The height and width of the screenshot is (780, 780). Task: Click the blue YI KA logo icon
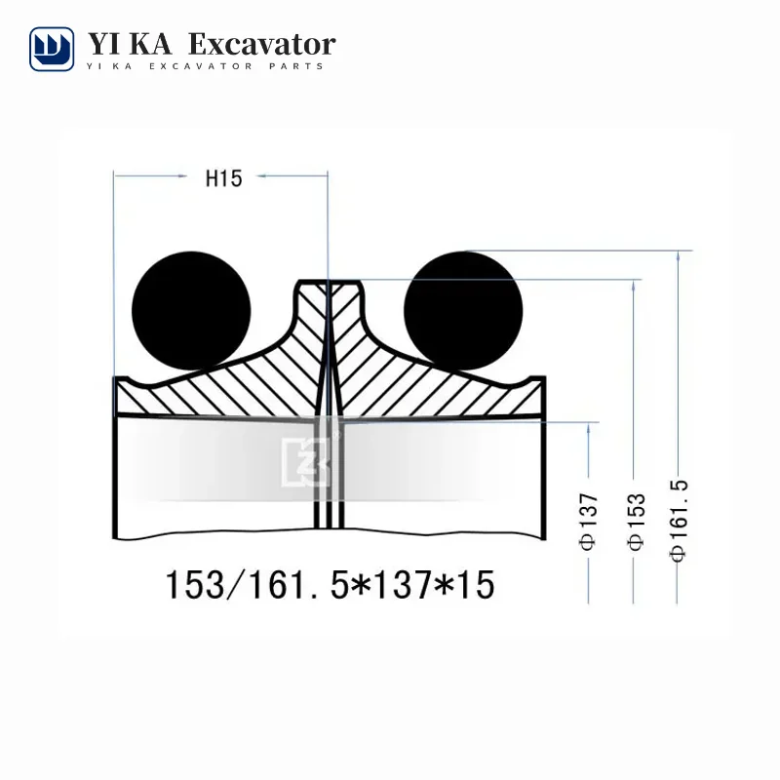[52, 50]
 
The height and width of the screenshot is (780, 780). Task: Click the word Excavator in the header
[262, 45]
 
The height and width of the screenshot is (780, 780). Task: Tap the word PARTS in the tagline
[296, 66]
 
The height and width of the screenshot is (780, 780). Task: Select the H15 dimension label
[224, 178]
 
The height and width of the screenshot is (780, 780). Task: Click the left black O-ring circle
[191, 311]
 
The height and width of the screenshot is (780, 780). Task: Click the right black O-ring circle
[463, 311]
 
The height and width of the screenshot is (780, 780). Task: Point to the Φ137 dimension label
[589, 522]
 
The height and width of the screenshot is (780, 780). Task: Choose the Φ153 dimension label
[637, 522]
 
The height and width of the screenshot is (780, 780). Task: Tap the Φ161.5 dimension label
[679, 521]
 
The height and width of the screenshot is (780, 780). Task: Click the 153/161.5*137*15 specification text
[330, 585]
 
